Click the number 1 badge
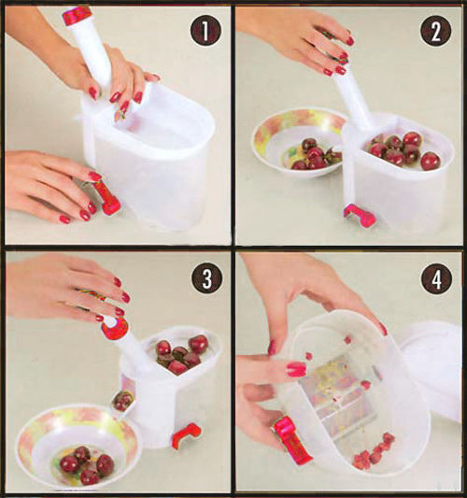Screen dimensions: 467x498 tap(205, 31)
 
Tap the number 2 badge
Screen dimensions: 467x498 tap(436, 32)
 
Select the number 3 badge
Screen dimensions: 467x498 tap(206, 278)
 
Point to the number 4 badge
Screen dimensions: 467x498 tap(436, 279)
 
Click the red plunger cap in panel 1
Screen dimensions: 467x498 tap(77, 14)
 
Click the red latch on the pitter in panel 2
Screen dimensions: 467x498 tap(360, 216)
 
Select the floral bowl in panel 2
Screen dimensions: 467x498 tap(299, 142)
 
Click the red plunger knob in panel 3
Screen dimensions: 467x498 tap(115, 327)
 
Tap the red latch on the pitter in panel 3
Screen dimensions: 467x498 tap(187, 435)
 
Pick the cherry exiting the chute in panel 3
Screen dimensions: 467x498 tap(122, 401)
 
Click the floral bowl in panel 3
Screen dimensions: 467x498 tap(78, 452)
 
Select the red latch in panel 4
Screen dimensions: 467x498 tap(292, 439)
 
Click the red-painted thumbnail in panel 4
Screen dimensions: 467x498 tap(296, 369)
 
